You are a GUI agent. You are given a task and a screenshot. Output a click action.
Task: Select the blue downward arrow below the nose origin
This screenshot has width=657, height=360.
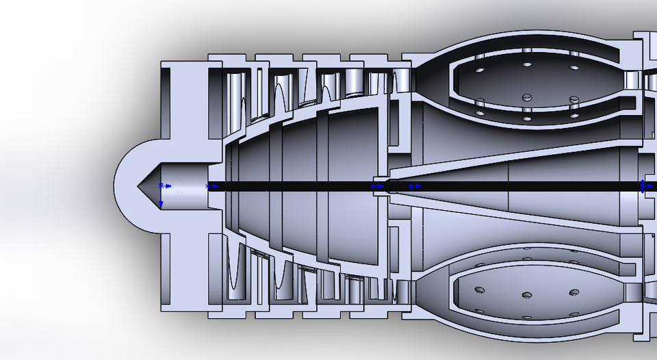tap(162, 203)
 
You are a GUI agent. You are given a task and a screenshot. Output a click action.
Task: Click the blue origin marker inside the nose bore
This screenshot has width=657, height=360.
tap(163, 185)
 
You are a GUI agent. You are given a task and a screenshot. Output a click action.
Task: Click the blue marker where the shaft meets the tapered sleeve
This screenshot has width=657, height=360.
tap(377, 185)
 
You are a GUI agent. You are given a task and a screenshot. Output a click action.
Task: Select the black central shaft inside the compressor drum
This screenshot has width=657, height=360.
tap(294, 185)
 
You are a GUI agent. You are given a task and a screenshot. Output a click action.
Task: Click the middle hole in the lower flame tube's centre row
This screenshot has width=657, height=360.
tap(527, 295)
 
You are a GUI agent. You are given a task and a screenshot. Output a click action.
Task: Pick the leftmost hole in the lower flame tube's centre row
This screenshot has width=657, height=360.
tap(479, 290)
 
